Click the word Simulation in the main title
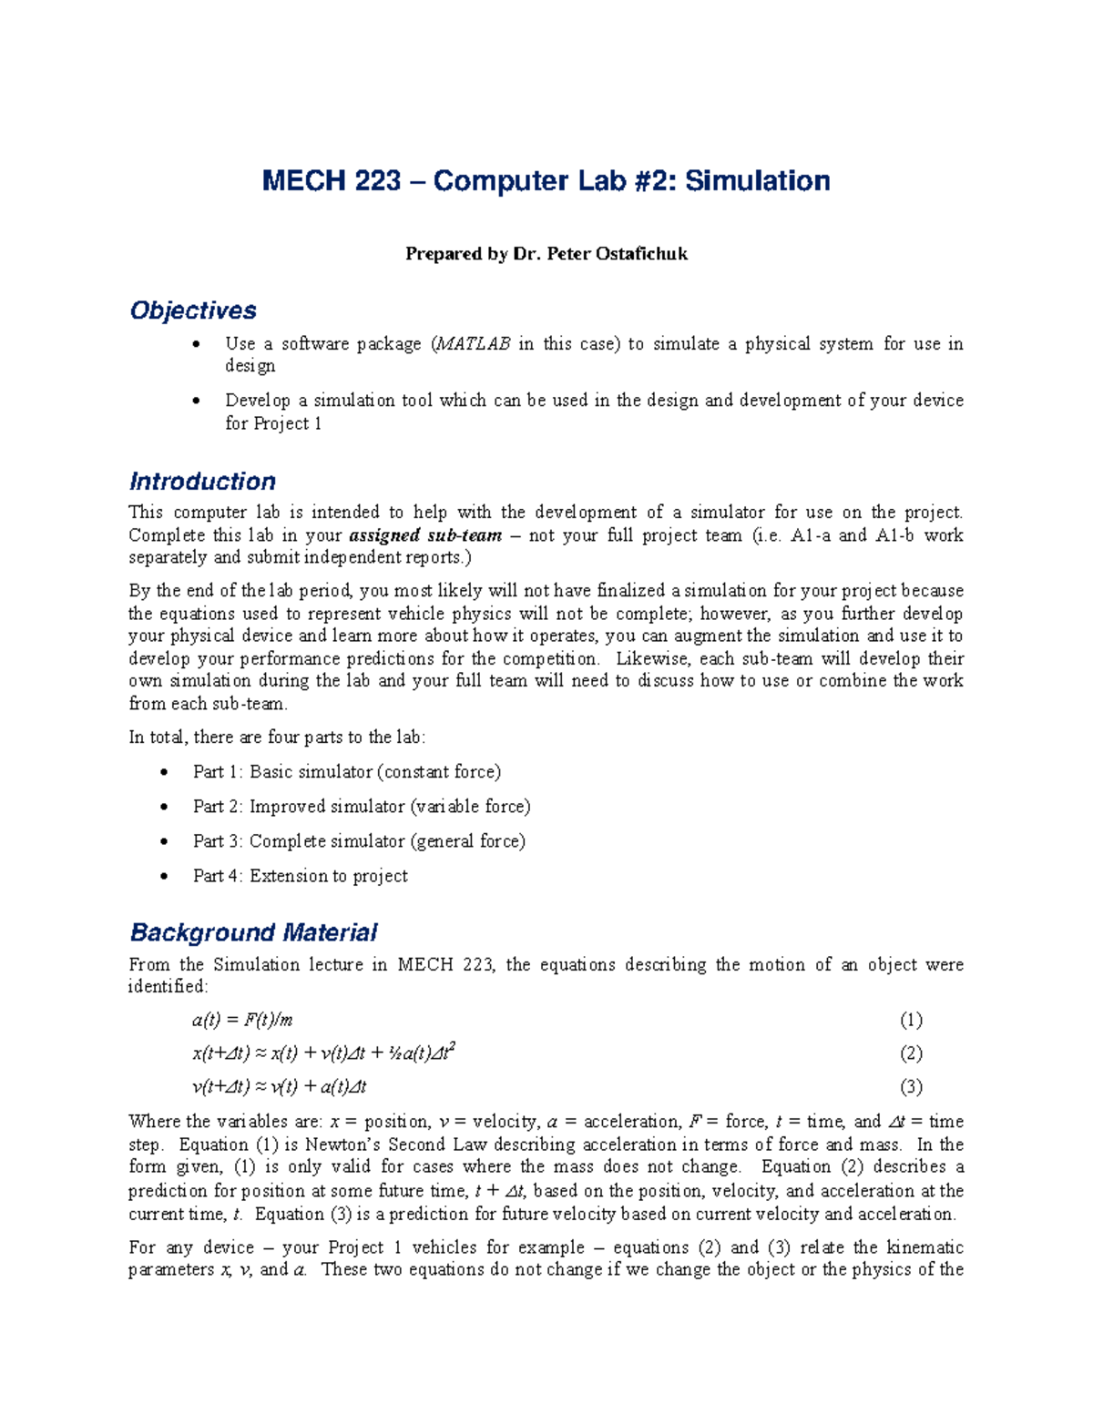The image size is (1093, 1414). (757, 181)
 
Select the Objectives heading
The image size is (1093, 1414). (193, 310)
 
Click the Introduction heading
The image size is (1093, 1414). (202, 482)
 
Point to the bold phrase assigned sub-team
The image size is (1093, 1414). (425, 535)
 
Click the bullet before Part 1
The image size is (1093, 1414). (164, 773)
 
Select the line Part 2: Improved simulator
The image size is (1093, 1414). (361, 807)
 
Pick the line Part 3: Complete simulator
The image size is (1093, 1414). (359, 841)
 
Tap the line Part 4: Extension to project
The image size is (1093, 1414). (300, 876)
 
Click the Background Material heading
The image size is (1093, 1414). (253, 932)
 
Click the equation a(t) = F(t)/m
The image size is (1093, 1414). (242, 1020)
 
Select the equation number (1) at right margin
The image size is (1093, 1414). (911, 1020)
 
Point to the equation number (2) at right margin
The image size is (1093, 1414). (911, 1053)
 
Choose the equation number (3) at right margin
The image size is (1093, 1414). (911, 1087)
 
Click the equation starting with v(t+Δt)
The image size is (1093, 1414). (279, 1087)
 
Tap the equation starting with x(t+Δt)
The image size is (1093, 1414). (323, 1053)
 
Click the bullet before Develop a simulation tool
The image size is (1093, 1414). (196, 402)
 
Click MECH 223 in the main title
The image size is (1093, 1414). (332, 181)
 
